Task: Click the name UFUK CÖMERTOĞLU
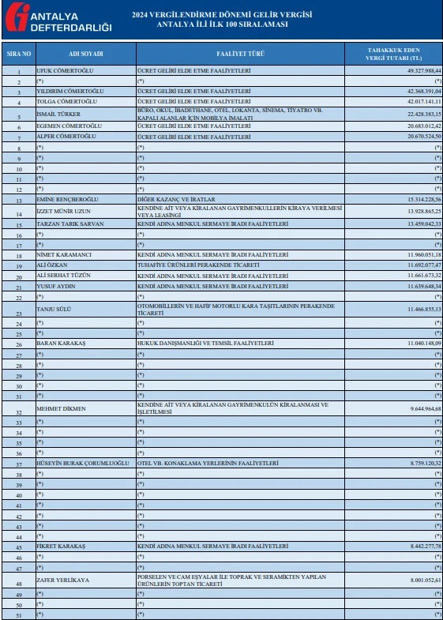(x=67, y=71)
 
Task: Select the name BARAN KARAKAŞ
(x=61, y=344)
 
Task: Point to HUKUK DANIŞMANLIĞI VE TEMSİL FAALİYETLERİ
(x=205, y=344)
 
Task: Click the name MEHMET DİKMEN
(x=61, y=409)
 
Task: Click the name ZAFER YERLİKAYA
(x=63, y=580)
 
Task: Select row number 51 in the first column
(x=19, y=614)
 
